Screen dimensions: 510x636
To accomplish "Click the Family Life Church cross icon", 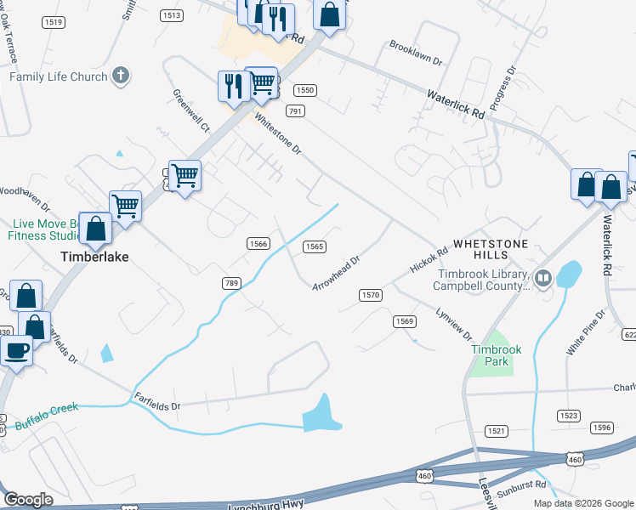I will pos(121,76).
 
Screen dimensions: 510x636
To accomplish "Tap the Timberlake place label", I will pos(93,256).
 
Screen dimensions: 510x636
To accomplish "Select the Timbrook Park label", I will pos(491,355).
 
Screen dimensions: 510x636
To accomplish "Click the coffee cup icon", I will pos(17,349).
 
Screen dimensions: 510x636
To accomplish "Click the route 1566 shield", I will pos(258,244).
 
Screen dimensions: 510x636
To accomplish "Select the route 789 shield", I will pos(230,283).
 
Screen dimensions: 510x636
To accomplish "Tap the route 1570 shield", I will pos(370,295).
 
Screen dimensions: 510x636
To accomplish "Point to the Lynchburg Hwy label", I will pos(267,505).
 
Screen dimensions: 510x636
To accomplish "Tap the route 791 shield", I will pos(295,111).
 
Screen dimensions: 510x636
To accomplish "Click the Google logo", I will pos(28,500).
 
